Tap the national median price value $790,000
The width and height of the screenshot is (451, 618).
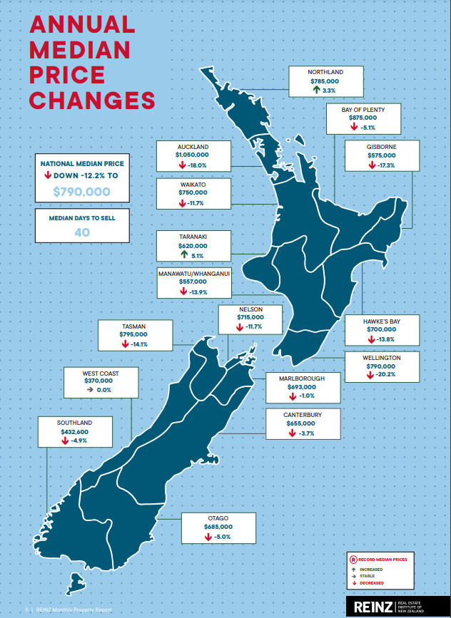click(81, 192)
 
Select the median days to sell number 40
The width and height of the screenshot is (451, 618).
click(81, 232)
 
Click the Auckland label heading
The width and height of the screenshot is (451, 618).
click(193, 145)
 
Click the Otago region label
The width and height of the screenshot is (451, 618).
click(217, 517)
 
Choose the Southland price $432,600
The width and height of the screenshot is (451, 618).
click(74, 432)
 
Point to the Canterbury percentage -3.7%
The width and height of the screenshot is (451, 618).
click(306, 433)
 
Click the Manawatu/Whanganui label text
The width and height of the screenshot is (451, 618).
click(193, 272)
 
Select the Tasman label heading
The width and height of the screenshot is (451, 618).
click(134, 325)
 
